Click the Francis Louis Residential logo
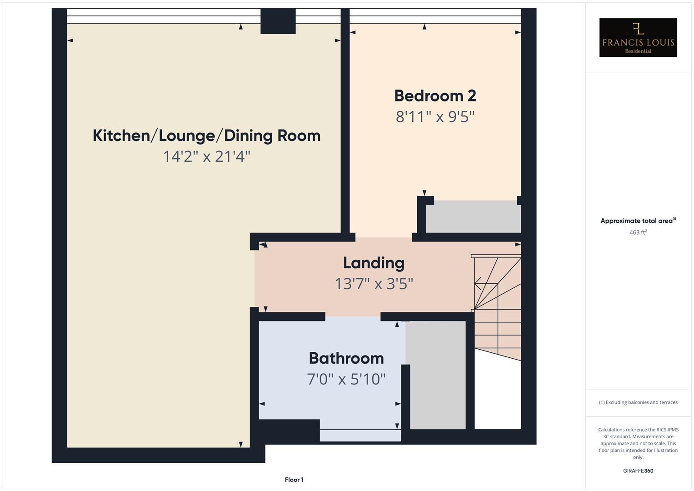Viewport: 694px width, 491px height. pos(638,37)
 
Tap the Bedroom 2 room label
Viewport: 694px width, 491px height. pos(435,96)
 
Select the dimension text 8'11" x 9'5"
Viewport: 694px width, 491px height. pos(435,117)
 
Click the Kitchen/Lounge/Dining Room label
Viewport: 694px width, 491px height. pos(206,135)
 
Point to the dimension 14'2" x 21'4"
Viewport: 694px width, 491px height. pos(206,156)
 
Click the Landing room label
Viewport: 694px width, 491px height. pos(374,263)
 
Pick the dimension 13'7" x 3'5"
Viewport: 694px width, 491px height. pos(374,284)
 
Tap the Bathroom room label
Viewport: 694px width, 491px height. pos(346,358)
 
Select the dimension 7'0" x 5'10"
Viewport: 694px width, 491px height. pos(346,379)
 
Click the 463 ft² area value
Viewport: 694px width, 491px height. pos(638,232)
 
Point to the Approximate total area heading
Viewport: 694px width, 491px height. pos(638,221)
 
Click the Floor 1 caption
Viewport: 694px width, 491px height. pos(294,480)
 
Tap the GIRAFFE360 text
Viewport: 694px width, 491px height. pos(638,471)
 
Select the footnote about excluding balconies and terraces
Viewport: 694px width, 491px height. pos(638,402)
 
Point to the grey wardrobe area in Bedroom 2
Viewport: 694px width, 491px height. pos(473,217)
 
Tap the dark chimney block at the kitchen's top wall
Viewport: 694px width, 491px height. pos(278,21)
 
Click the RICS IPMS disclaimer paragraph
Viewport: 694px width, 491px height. pos(638,443)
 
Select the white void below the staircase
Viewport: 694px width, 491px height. pos(498,396)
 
